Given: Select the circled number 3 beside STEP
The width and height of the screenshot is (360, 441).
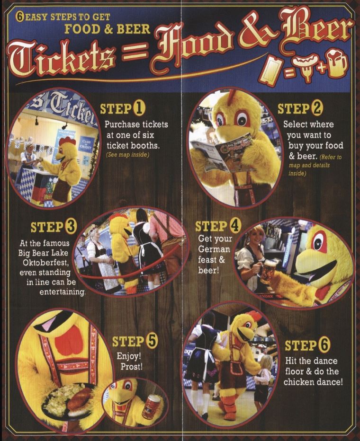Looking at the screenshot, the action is point(71,227).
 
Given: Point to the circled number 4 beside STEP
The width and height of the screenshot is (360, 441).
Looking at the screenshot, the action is point(235,226).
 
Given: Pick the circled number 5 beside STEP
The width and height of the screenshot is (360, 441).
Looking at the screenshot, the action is point(152,341).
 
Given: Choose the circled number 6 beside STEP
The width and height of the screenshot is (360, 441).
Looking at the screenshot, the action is point(324,345).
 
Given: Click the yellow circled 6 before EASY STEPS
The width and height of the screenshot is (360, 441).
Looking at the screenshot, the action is point(20,17).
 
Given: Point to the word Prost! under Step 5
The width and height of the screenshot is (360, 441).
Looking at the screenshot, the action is point(131,367).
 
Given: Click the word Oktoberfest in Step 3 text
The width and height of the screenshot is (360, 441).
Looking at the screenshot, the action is point(45,263).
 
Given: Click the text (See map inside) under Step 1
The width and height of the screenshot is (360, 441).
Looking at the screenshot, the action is point(127,155).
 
